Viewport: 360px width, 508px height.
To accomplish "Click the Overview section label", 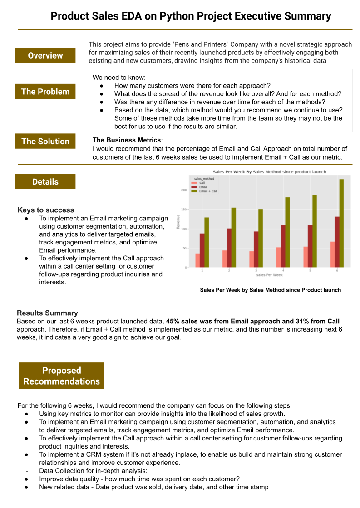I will point(45,55).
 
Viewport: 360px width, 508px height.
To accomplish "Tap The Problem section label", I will point(45,92).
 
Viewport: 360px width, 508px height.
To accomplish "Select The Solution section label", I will point(45,141).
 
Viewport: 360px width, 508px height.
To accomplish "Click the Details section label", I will point(45,182).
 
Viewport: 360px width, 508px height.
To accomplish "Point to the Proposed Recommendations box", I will point(62,376).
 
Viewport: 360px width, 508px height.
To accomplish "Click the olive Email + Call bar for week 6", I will point(341,223).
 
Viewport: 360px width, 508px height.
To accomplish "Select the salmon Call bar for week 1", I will point(197,260).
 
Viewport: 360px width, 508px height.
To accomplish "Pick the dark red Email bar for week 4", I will point(283,246).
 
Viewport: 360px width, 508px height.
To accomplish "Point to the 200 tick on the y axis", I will point(184,190).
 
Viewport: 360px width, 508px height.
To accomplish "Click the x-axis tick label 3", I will point(256,270).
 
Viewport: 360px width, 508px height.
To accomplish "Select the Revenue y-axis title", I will point(178,221).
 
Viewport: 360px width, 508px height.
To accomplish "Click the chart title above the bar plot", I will point(270,171).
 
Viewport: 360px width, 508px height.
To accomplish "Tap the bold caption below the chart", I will point(270,290).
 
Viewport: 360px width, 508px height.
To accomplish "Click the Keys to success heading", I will point(46,210).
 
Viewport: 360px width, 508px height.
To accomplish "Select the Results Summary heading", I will point(47,313).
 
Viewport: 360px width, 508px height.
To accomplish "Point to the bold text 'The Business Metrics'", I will point(127,141).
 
